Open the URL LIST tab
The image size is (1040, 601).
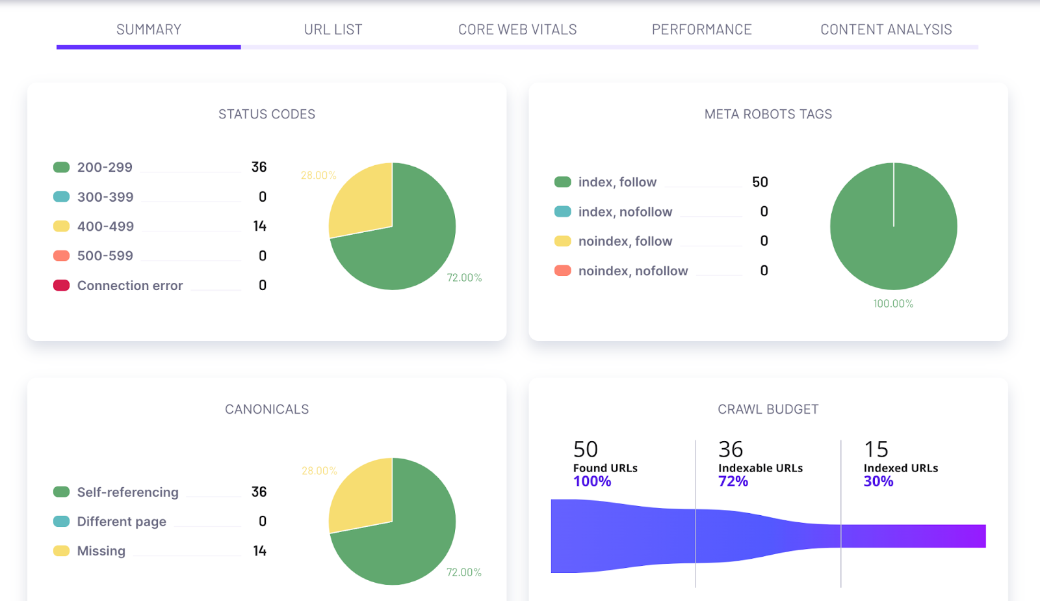[x=333, y=29]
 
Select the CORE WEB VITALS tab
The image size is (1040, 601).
[x=517, y=29]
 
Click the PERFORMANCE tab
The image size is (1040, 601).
[x=701, y=29]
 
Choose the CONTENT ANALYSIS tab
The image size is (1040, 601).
[x=886, y=29]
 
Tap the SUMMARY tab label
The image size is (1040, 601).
[x=149, y=29]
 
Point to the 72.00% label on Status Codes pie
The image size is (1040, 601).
[x=464, y=278]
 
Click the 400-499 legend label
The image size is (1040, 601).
[x=105, y=226]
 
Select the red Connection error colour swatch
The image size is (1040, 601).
[x=61, y=286]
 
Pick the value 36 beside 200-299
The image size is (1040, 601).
[x=259, y=167]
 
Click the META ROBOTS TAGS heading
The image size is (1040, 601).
[x=768, y=114]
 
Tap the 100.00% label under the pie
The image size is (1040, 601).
[x=893, y=304]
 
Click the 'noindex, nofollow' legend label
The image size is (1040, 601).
[x=633, y=271]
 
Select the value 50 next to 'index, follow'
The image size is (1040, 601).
[x=760, y=182]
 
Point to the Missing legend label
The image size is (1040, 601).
[x=101, y=551]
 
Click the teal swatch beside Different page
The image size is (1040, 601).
[x=61, y=522]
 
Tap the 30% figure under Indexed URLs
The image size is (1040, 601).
[x=878, y=481]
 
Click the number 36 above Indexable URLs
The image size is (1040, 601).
[x=731, y=449]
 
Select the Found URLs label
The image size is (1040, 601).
[x=605, y=468]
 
